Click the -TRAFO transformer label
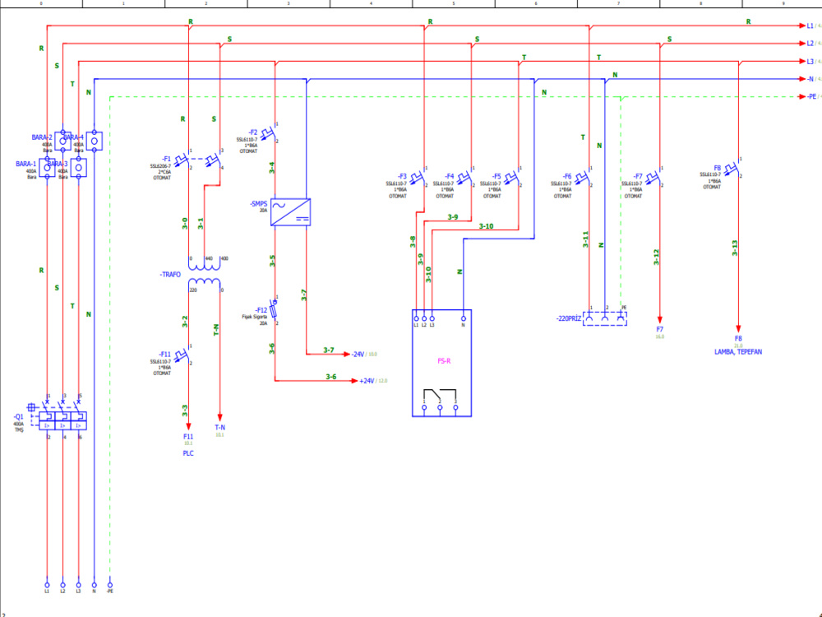(x=170, y=274)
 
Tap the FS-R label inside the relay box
(x=442, y=360)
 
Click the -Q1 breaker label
(x=18, y=417)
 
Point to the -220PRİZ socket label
(x=568, y=318)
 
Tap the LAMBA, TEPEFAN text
(x=738, y=352)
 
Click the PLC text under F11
(x=188, y=453)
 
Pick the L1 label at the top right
(x=810, y=26)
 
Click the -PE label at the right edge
(x=810, y=97)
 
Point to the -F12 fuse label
(x=261, y=310)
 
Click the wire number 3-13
(x=734, y=248)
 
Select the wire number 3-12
(x=656, y=257)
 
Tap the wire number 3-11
(x=585, y=239)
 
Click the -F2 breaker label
(x=252, y=132)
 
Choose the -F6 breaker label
(x=567, y=176)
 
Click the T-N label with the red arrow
(x=219, y=428)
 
